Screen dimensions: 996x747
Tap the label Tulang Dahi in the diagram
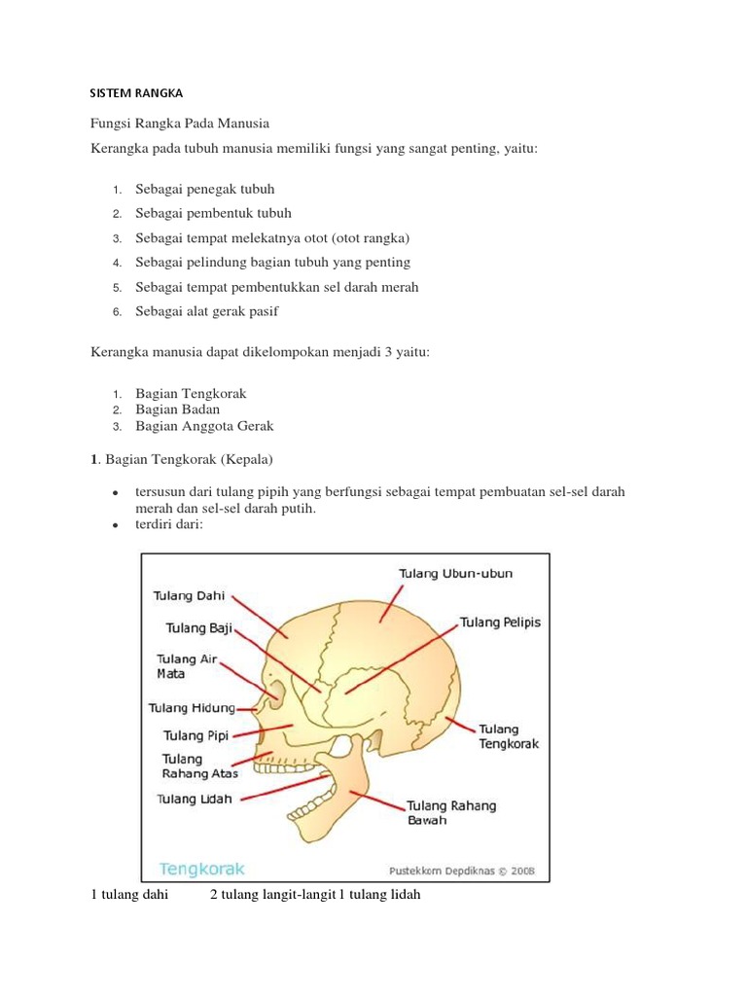pos(189,595)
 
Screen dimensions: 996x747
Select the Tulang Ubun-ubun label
pos(455,574)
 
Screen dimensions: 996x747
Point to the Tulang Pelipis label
pos(500,622)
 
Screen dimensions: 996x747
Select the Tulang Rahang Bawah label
pos(450,812)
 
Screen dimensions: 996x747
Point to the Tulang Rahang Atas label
pos(199,765)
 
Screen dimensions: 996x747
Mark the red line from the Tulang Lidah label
pos(282,788)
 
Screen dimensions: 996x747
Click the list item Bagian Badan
pos(177,409)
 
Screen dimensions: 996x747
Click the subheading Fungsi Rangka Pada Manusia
pos(179,124)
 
